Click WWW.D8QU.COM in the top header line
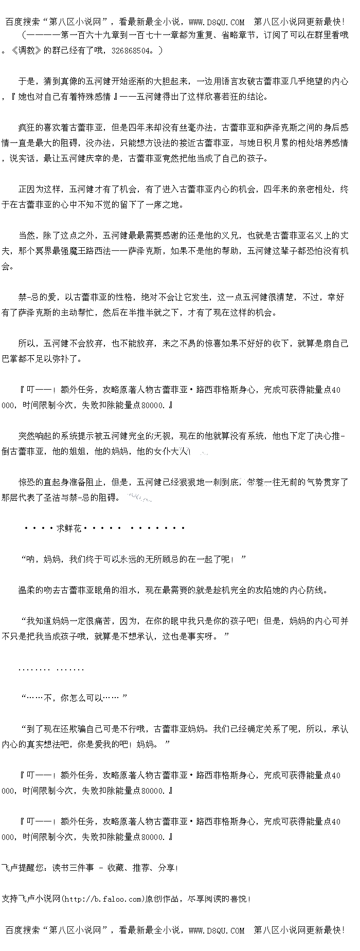[x=217, y=22]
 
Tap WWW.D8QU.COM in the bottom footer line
[x=217, y=930]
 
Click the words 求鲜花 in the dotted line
[x=69, y=528]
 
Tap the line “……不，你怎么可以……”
[x=73, y=698]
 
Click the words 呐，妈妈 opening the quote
[x=43, y=559]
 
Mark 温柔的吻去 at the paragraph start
[x=39, y=590]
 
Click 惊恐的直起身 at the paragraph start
[x=43, y=482]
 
